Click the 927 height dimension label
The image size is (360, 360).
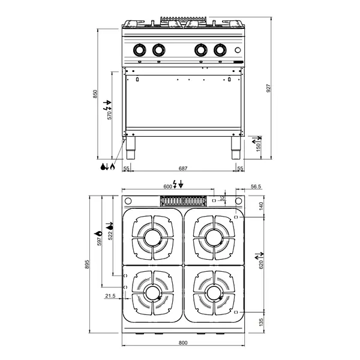[269, 88]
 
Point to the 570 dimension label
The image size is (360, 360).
[109, 116]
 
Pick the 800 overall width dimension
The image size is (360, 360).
[184, 343]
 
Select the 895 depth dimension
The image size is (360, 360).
[87, 265]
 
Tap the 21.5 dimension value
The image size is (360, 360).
[110, 296]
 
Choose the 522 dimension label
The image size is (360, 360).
[110, 236]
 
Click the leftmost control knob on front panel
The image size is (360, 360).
[139, 49]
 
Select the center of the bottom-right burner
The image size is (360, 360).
[214, 293]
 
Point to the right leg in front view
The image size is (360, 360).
[233, 146]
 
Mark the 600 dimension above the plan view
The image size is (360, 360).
[168, 187]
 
